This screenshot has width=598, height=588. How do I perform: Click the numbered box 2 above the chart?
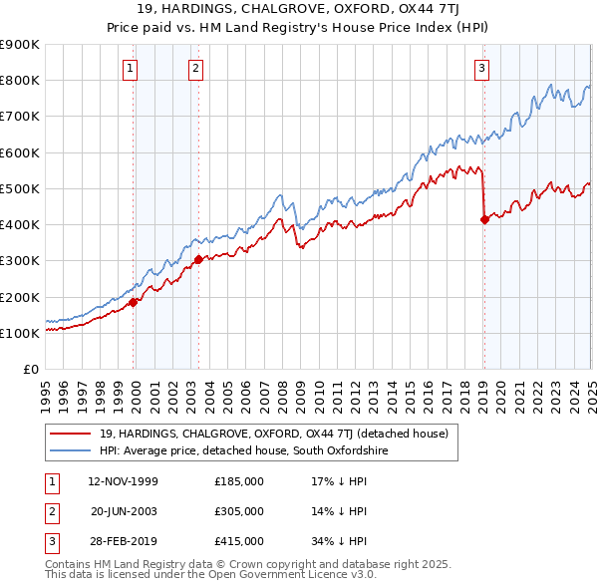coord(195,69)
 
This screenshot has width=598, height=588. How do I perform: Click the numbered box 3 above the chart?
coord(481,69)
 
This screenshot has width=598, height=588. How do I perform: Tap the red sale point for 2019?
coord(484,219)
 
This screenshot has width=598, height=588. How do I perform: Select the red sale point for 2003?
coord(198,259)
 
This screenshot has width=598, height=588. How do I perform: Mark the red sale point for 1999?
coord(134,302)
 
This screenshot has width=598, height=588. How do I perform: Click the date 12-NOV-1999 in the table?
coord(124,481)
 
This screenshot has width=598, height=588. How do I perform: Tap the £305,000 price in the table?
coord(239,511)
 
